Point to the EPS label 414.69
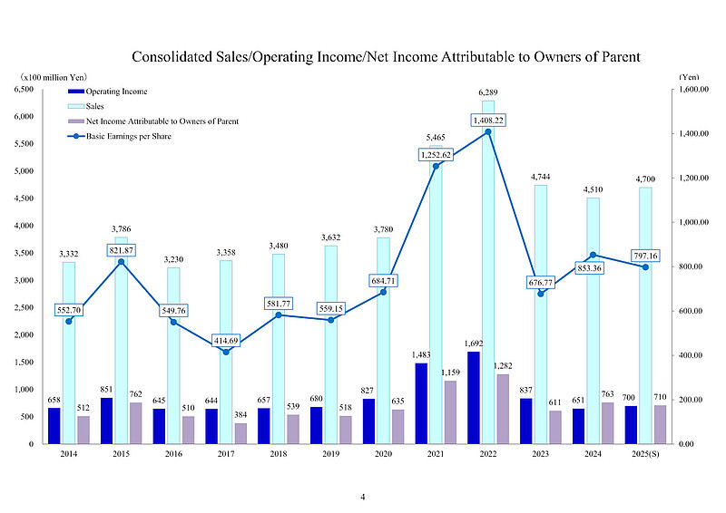(232, 341)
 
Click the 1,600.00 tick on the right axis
(696, 90)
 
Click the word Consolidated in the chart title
(172, 57)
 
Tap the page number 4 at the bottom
(363, 497)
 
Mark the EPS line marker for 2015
(121, 262)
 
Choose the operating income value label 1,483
(421, 354)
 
